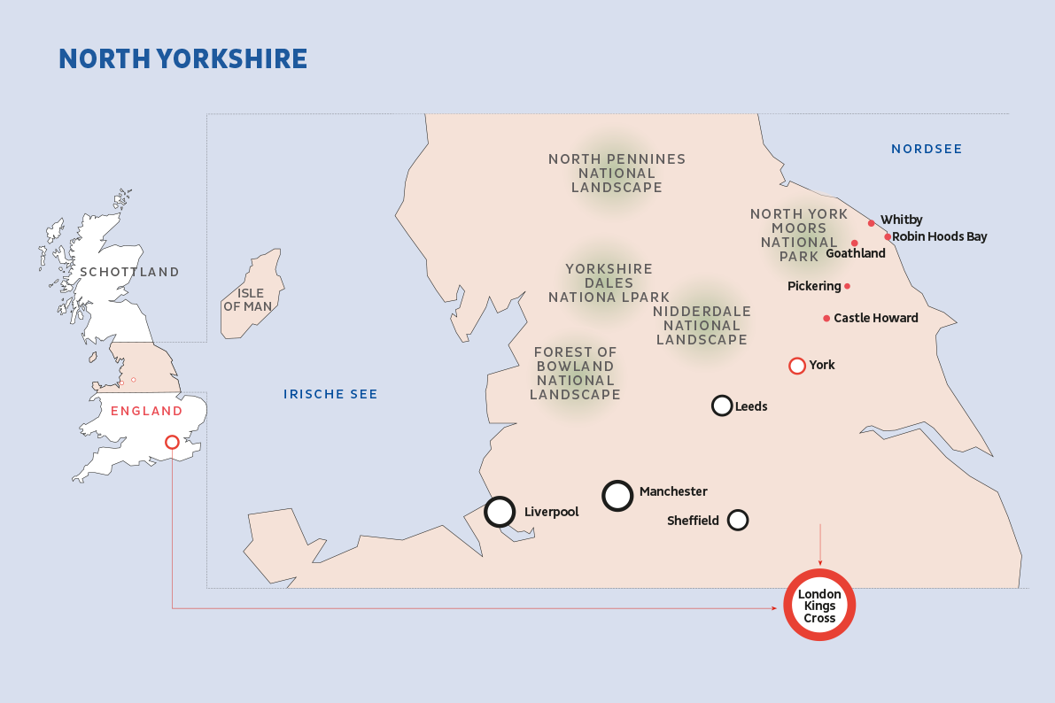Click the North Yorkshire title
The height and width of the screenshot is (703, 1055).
(182, 59)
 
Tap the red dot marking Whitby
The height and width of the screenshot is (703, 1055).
(872, 223)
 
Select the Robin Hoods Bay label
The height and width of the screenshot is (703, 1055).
(939, 236)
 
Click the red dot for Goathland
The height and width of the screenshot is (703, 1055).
(855, 243)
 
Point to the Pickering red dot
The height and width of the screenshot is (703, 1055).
(848, 286)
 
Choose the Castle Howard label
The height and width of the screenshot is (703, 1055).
(875, 318)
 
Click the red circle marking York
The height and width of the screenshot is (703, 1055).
(796, 365)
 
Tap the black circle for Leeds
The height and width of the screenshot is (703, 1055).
(722, 406)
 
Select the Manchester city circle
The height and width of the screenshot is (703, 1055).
(617, 496)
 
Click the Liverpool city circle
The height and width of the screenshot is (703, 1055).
(500, 511)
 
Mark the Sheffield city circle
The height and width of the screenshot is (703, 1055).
(738, 520)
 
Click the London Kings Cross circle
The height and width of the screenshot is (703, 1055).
(819, 606)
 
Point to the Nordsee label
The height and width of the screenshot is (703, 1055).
(927, 149)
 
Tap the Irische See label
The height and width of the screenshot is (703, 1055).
(330, 394)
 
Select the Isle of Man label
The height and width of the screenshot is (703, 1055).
(248, 299)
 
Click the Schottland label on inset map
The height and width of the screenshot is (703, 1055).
(129, 272)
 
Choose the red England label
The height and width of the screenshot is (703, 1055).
(146, 411)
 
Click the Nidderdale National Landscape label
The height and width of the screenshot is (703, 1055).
(702, 325)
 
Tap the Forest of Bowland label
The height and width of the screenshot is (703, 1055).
(575, 373)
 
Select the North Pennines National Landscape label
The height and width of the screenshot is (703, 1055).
(617, 173)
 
